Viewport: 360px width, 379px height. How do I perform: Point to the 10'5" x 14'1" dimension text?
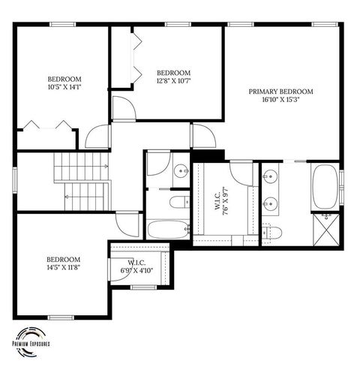(64, 86)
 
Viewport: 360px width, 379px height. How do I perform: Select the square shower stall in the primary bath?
(325, 230)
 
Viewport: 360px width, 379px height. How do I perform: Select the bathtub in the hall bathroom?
(167, 228)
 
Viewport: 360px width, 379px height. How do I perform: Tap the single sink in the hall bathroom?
(181, 172)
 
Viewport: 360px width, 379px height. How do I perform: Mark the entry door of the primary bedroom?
(202, 136)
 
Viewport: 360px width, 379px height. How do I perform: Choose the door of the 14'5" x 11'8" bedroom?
(127, 223)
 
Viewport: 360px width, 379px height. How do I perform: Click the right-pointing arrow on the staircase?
(106, 166)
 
